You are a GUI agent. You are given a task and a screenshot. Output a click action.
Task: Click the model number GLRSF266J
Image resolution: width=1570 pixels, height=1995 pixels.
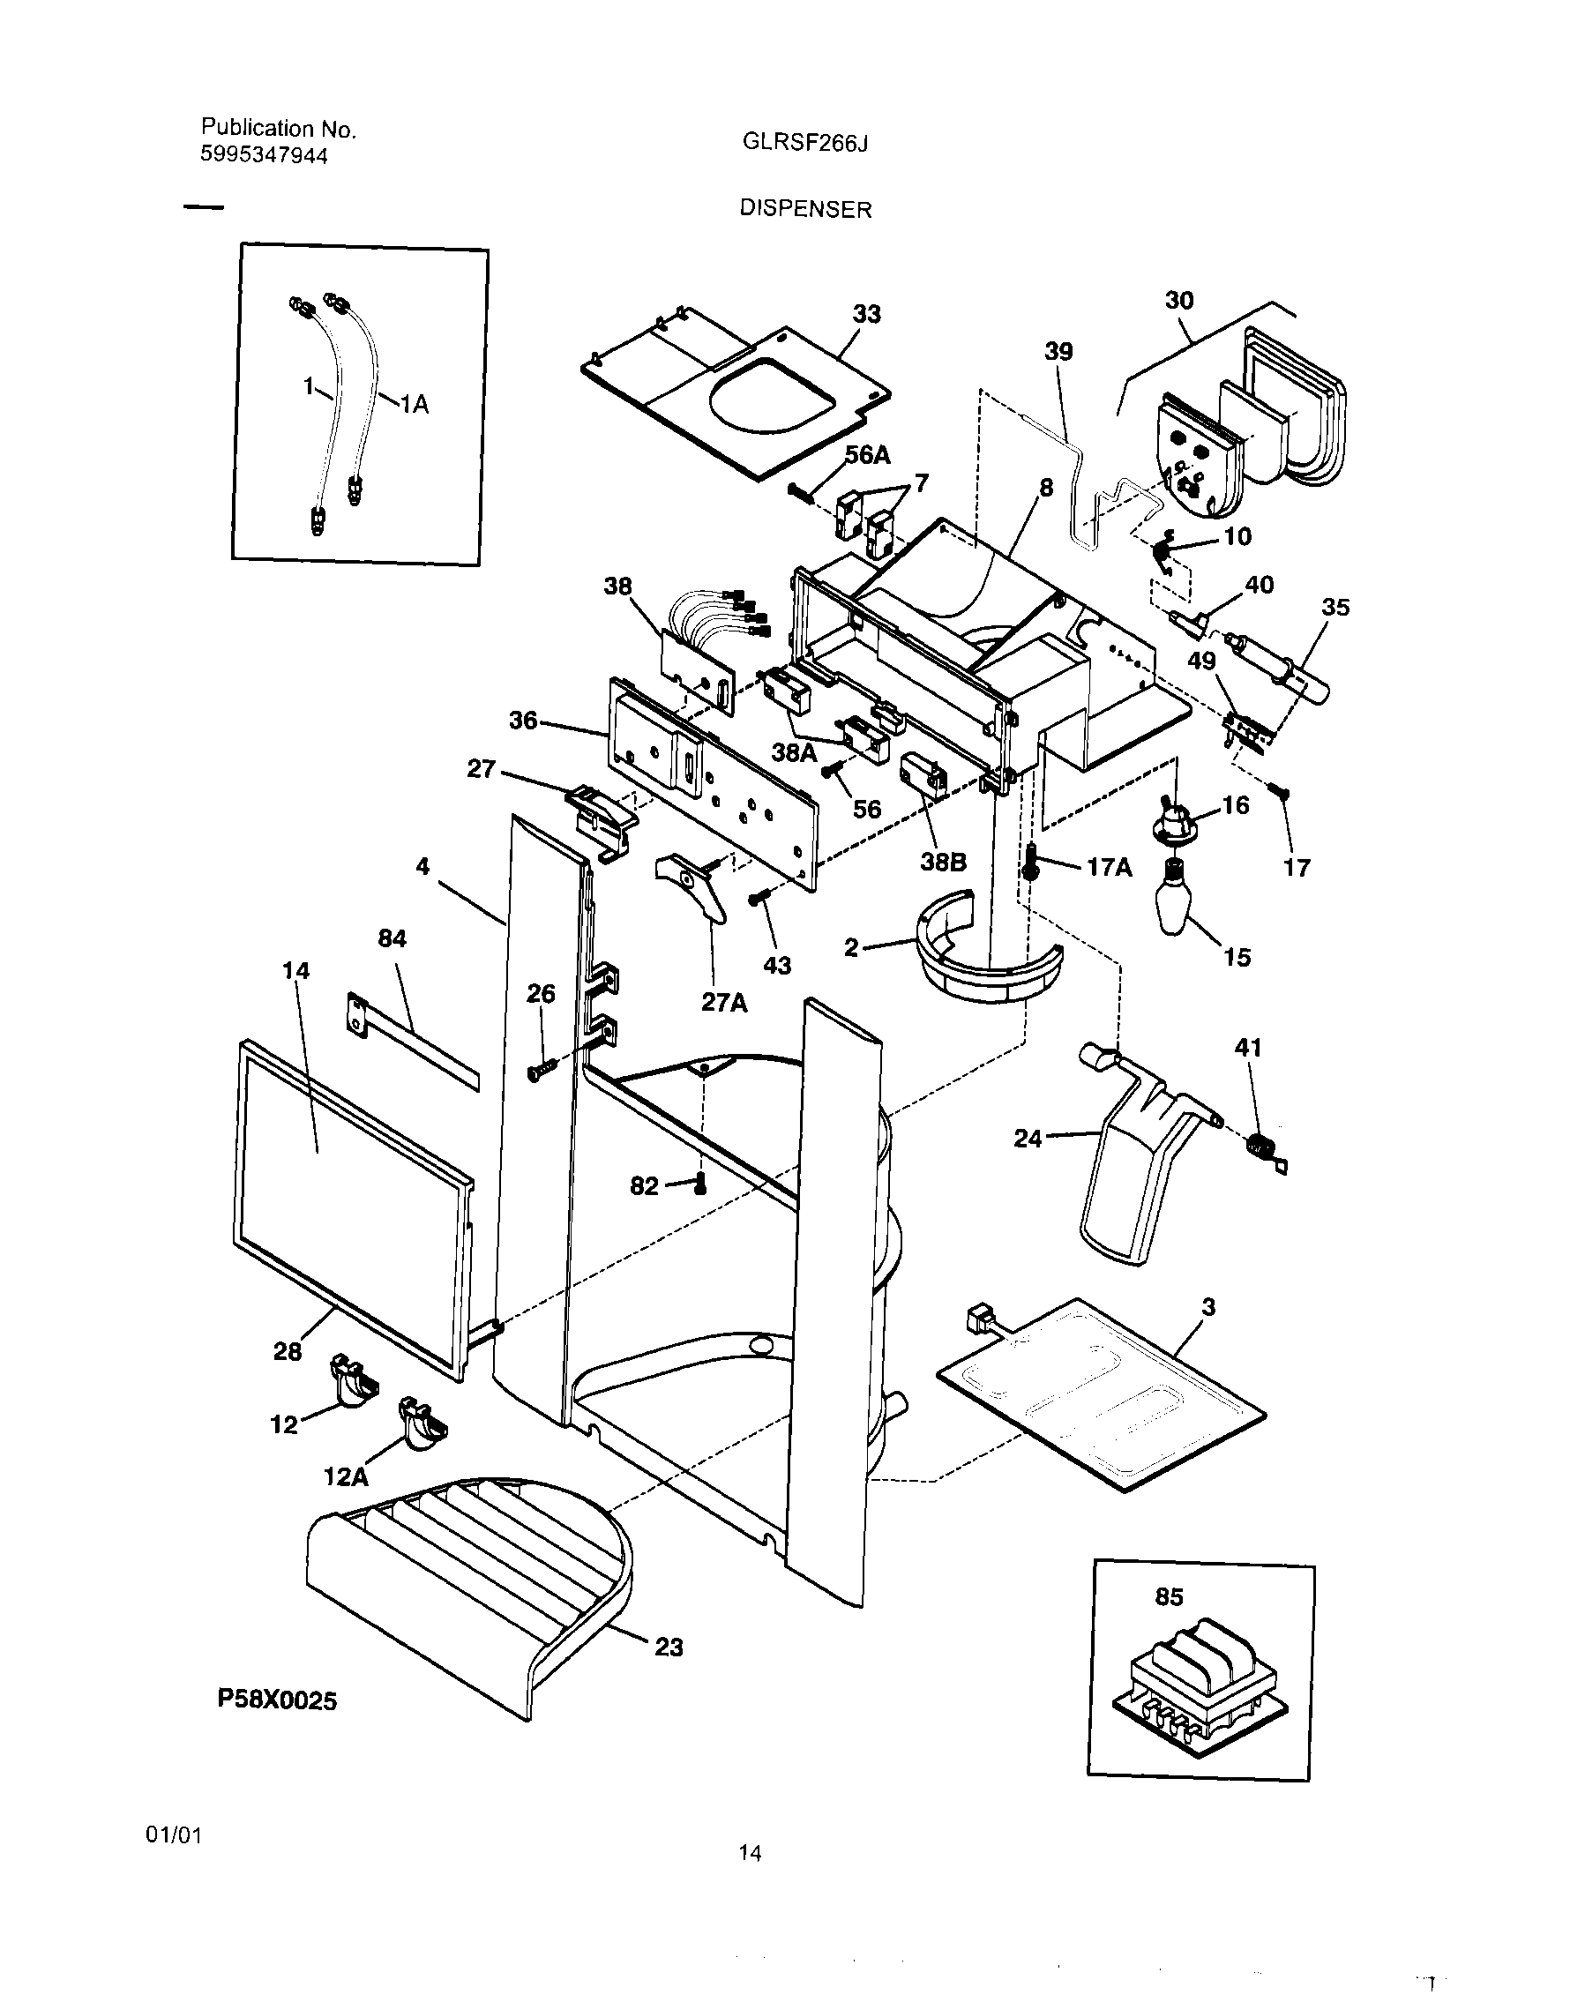point(804,145)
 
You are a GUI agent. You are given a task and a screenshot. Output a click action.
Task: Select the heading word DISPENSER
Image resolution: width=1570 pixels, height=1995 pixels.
point(805,210)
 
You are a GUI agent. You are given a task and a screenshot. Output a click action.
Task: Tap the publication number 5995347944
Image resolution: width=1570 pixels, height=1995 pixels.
point(263,155)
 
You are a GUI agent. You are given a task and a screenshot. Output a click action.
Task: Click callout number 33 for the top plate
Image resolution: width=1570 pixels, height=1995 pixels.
point(866,314)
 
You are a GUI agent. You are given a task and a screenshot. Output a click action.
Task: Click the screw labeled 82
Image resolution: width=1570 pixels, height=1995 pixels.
point(701,1184)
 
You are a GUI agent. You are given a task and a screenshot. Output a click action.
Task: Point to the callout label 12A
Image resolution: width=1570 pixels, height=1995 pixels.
point(346,1476)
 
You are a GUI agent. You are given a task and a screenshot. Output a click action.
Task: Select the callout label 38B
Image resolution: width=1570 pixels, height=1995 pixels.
point(943,862)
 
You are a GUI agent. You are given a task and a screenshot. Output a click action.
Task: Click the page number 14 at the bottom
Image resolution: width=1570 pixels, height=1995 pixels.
point(750,1853)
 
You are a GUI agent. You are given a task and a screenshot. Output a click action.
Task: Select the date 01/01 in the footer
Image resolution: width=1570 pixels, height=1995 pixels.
point(174,1835)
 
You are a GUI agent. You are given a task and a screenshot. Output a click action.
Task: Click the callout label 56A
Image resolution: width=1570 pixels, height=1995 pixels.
point(867,455)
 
